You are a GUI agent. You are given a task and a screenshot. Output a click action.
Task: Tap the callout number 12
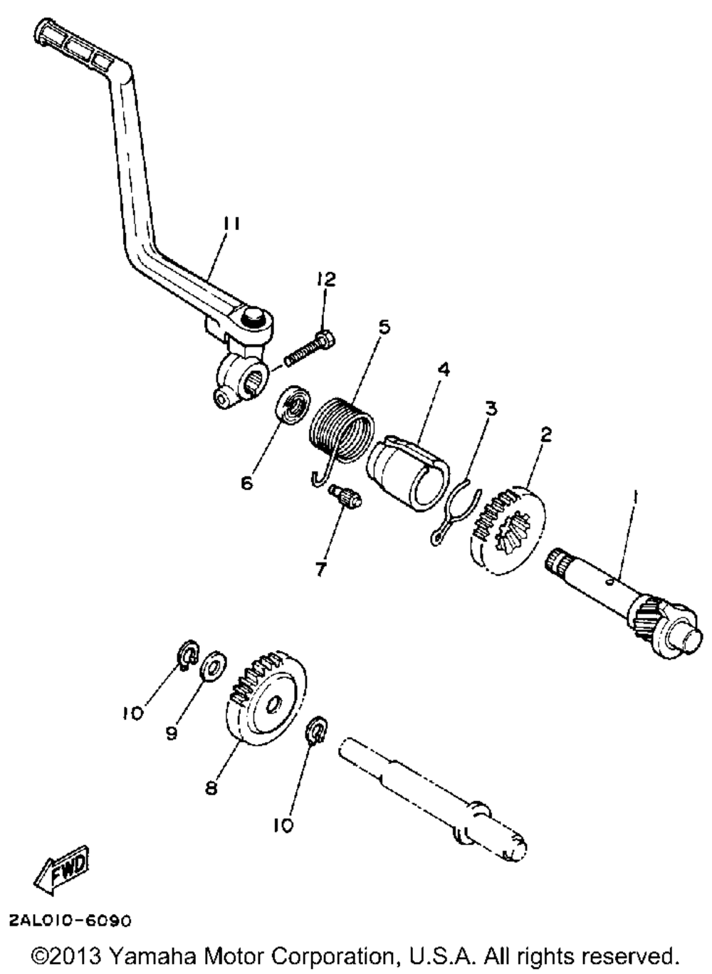coord(327,279)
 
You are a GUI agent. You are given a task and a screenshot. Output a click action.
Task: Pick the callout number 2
coord(545,434)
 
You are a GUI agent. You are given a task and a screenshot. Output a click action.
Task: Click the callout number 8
coord(211,789)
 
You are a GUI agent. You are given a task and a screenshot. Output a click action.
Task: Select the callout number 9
coord(172,733)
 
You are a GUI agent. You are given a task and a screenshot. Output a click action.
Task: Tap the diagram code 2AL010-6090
coord(70,921)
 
